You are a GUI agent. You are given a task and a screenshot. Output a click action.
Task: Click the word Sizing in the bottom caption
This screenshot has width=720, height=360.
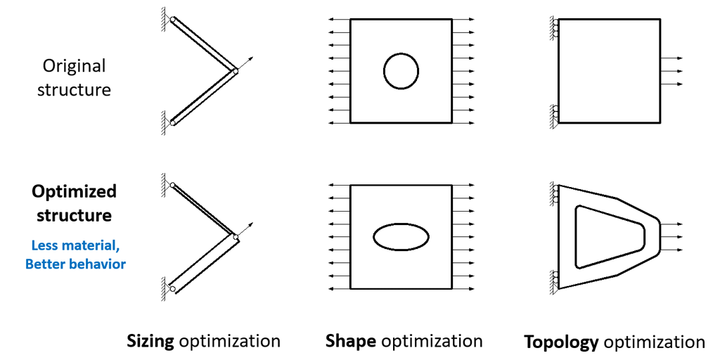click(x=150, y=341)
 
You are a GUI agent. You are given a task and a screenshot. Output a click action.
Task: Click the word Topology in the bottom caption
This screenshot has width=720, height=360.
click(x=561, y=342)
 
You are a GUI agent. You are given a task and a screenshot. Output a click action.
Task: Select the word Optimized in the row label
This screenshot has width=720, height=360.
click(x=74, y=191)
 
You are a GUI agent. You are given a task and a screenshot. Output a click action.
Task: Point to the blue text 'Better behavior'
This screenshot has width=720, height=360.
click(x=75, y=264)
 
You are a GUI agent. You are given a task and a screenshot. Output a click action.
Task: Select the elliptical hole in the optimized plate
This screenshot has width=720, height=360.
click(x=401, y=224)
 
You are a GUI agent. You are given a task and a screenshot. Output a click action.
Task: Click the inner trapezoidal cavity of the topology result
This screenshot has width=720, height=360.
click(x=577, y=236)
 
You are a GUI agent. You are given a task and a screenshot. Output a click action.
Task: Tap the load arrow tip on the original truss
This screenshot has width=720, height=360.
click(x=252, y=58)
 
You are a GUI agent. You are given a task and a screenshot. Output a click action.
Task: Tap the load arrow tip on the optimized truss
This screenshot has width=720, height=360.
click(x=252, y=224)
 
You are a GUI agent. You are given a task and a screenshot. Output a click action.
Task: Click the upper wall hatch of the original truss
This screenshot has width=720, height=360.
click(x=163, y=20)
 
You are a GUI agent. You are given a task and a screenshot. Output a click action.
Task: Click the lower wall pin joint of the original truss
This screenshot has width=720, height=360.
click(x=173, y=122)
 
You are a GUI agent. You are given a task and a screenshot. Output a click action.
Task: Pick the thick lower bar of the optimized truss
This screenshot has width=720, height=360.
click(x=205, y=264)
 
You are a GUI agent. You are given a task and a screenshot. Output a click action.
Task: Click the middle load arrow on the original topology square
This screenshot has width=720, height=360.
click(x=671, y=71)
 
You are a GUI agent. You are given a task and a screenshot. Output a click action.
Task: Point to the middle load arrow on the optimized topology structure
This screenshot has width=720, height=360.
click(x=671, y=237)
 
